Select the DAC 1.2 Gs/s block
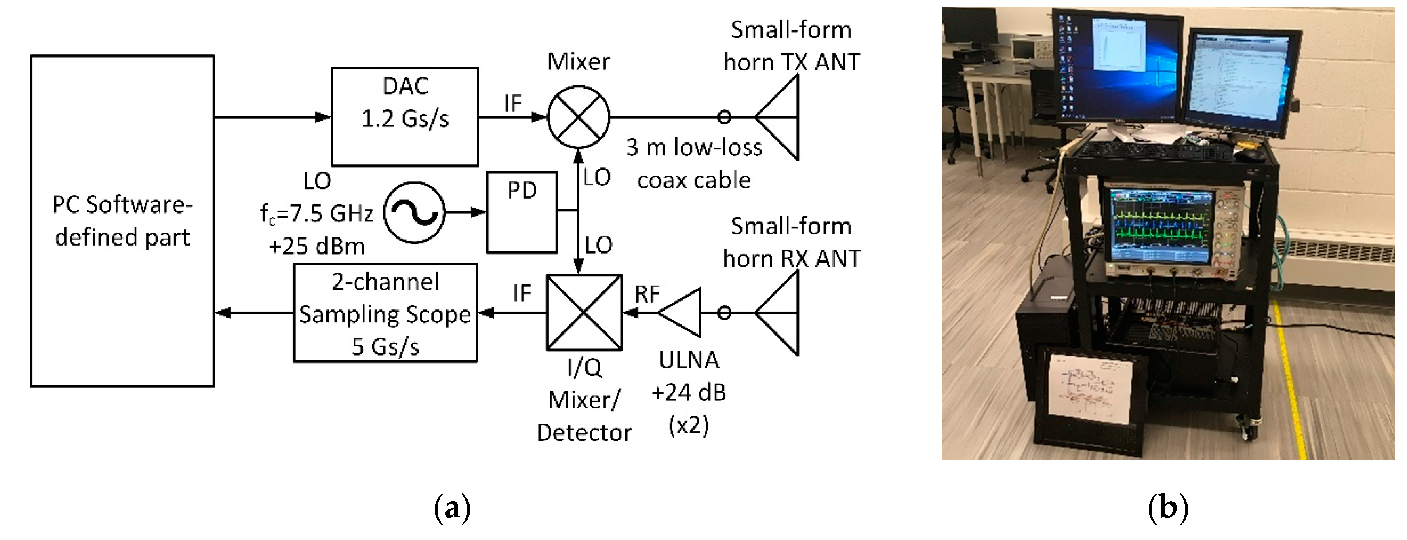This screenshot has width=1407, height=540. point(405,116)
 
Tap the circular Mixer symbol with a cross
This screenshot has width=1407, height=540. point(578,117)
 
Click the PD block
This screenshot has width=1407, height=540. point(522,213)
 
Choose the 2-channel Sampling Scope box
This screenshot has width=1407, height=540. point(385,313)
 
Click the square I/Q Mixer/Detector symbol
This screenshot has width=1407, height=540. point(584,313)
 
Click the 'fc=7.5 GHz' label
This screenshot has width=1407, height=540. point(317,214)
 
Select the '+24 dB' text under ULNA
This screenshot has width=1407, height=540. point(688,392)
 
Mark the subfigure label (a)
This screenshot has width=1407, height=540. point(452,508)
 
